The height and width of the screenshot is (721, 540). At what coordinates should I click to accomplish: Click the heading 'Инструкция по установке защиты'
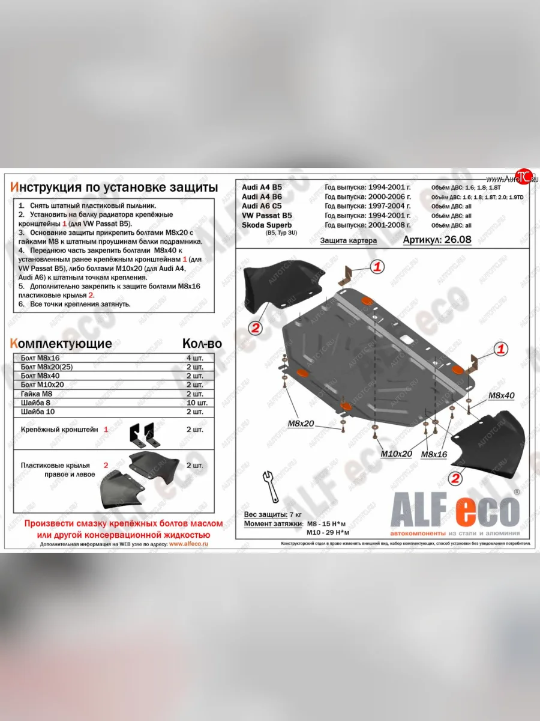click(114, 186)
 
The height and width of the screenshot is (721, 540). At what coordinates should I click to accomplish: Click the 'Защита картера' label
click(348, 240)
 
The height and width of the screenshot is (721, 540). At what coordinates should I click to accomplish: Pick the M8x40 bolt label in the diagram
click(501, 395)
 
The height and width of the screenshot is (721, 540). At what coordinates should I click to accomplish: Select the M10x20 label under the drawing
click(396, 454)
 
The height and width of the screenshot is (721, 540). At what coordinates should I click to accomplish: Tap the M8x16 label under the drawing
click(434, 454)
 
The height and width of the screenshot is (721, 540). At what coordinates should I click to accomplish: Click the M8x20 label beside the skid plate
click(301, 424)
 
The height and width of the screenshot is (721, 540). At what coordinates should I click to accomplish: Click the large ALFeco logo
click(455, 511)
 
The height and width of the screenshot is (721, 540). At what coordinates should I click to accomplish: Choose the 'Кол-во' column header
click(202, 344)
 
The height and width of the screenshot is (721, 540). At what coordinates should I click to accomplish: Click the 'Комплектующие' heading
click(61, 344)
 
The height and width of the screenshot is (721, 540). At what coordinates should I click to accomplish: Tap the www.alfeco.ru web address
click(188, 543)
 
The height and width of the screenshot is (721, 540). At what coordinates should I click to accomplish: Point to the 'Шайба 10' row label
click(38, 412)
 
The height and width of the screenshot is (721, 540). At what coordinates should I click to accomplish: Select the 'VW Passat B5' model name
click(267, 215)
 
